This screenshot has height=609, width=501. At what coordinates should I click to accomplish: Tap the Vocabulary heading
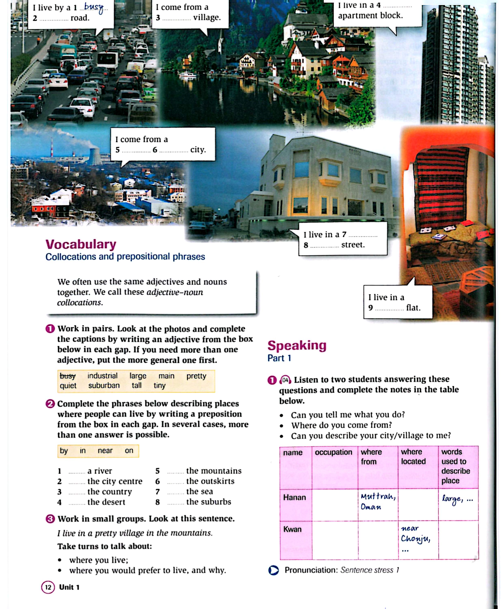point(81,244)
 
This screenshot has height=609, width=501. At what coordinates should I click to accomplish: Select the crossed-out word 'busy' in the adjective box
point(68,376)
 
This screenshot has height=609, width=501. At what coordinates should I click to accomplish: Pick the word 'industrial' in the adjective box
point(102,376)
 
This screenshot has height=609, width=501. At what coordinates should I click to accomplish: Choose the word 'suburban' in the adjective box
point(104,385)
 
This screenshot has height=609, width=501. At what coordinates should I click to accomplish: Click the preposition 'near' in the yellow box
point(105,451)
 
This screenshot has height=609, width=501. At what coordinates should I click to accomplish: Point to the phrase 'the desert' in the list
point(106,502)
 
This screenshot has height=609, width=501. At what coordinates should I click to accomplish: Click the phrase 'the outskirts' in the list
point(210,481)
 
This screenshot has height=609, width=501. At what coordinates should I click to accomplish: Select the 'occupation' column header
point(333,452)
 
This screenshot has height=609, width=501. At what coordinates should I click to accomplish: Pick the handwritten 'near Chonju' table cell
point(415,534)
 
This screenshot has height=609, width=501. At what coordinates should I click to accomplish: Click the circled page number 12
point(48,587)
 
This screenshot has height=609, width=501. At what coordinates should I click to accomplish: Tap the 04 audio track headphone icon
point(285,380)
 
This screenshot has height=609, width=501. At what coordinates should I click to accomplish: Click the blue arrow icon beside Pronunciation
point(273,570)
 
